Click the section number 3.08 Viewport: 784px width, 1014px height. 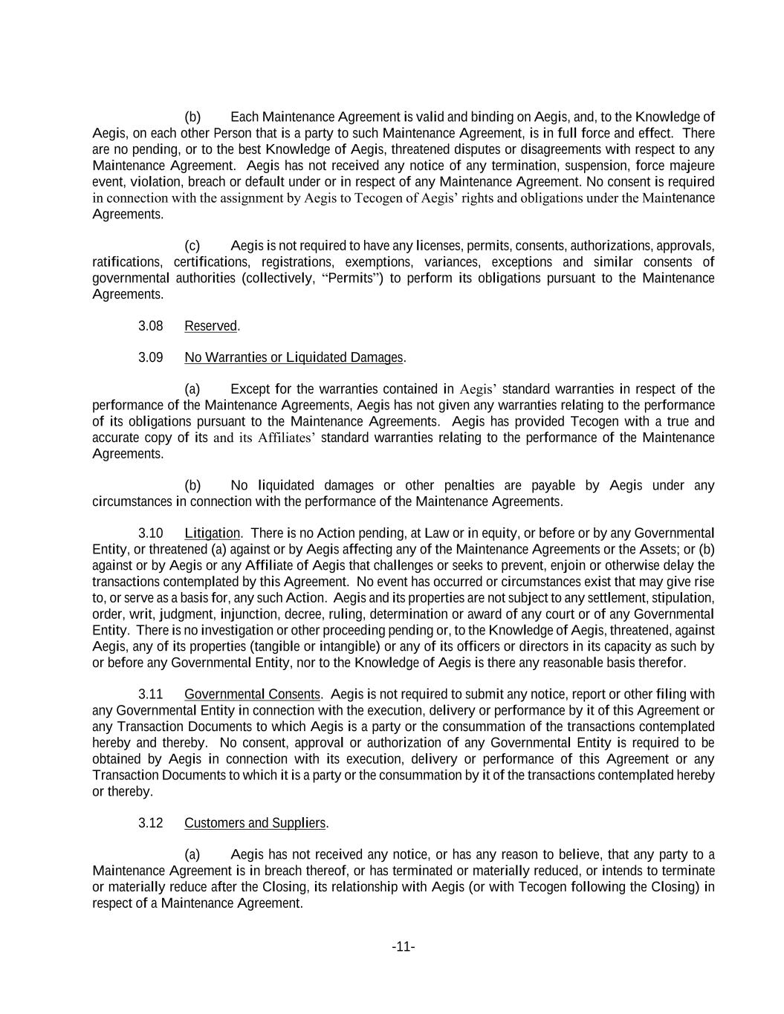pos(150,326)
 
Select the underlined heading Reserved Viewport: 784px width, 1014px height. pos(211,326)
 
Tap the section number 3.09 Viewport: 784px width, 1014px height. pos(150,357)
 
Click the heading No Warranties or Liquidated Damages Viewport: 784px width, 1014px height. pos(294,357)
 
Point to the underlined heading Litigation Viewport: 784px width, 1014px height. pos(212,533)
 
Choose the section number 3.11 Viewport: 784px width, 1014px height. pos(150,695)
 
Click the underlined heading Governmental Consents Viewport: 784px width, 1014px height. pos(252,695)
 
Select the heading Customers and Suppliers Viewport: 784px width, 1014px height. pos(255,823)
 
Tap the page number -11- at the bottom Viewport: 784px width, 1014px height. pos(403,946)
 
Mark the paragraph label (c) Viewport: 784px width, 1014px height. pos(192,246)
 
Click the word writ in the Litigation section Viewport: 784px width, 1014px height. pos(138,614)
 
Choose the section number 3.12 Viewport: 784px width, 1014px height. pos(150,823)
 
